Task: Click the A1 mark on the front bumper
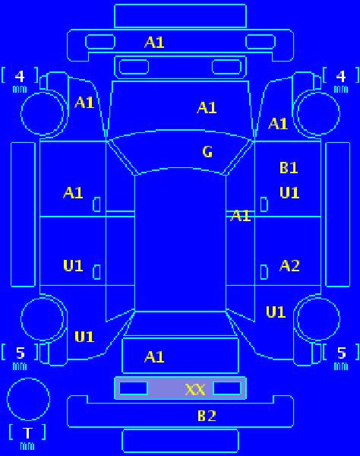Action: pos(154,43)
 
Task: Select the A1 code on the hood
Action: pos(207,108)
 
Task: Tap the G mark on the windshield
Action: pos(207,152)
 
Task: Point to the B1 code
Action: pos(289,168)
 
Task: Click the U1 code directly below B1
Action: pos(289,192)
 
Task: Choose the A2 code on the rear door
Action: pos(289,265)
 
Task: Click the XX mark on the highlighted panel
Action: pos(195,390)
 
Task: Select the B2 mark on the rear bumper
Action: pos(207,416)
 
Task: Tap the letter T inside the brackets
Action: pos(27,433)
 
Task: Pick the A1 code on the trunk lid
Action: pos(154,357)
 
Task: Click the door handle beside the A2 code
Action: pos(264,272)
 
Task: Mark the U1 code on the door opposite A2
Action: pos(73,265)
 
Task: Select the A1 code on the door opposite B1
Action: pos(73,193)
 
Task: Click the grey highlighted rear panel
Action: pos(181,388)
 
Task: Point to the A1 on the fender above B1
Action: pos(278,124)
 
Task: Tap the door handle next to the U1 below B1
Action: pos(264,204)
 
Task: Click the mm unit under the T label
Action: pos(27,446)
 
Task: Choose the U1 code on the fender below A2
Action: pos(276,312)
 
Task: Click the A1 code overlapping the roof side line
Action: pos(241,216)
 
